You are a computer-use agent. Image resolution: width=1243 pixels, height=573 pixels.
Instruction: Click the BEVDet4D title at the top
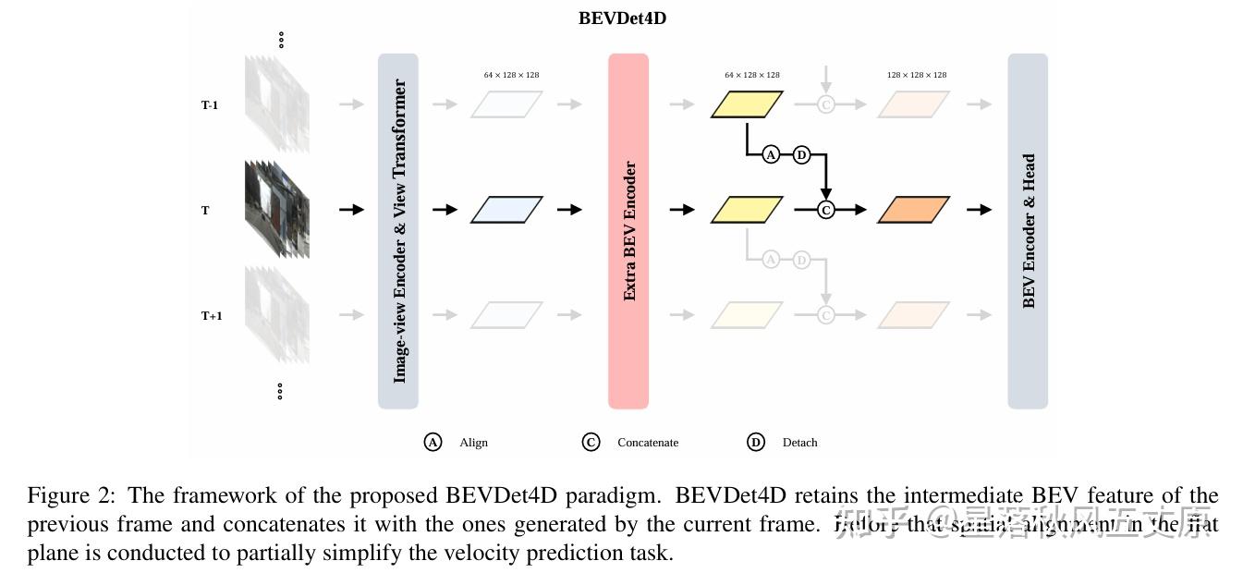tap(622, 18)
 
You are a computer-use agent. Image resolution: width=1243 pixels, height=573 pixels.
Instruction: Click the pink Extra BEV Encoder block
tap(628, 231)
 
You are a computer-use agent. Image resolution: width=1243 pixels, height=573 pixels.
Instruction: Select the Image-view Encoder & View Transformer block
tap(398, 231)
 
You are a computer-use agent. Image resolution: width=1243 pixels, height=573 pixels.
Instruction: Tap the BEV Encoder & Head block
tap(1028, 231)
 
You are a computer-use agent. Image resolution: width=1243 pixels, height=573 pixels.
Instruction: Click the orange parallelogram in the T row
tap(913, 210)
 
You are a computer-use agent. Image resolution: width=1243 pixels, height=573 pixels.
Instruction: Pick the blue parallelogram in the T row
tap(506, 210)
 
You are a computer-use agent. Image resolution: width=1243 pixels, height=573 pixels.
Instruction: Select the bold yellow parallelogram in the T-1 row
tap(747, 104)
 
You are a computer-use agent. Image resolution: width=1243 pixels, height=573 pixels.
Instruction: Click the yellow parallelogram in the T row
tap(747, 210)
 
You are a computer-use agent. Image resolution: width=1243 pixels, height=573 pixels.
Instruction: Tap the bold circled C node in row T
tap(826, 210)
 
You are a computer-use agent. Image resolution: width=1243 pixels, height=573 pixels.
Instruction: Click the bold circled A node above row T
tap(772, 154)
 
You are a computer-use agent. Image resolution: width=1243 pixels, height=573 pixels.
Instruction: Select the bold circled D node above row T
tap(801, 154)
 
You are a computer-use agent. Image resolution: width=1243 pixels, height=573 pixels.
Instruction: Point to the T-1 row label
tap(210, 105)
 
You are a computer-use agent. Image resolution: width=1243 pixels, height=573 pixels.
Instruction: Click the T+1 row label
tap(212, 316)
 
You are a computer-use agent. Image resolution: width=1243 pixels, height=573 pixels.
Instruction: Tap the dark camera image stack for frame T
tap(277, 209)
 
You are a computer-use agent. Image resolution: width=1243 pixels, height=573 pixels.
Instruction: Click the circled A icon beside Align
tap(433, 442)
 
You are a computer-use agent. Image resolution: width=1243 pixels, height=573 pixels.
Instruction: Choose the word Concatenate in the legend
tap(647, 443)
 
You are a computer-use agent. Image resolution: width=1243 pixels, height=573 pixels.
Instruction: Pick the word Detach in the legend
tap(799, 443)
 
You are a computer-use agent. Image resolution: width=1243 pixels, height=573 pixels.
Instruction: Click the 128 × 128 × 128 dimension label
tap(917, 75)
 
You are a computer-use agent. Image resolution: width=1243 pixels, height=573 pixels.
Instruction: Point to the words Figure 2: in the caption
tap(71, 495)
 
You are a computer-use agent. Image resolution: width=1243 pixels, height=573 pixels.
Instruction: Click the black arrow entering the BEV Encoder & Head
tap(979, 210)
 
